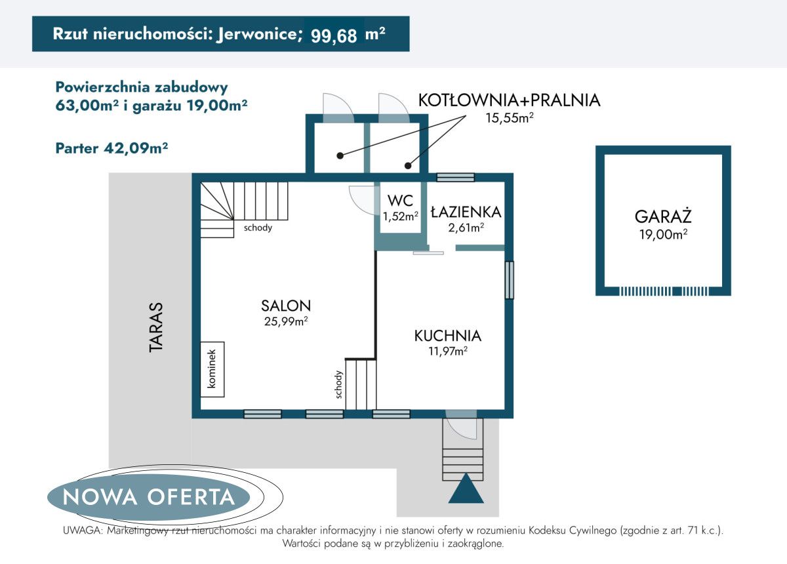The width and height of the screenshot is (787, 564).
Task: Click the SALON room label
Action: (285, 305)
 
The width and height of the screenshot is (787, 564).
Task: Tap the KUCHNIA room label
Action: (447, 336)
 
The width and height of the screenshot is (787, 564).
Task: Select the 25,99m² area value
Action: (285, 321)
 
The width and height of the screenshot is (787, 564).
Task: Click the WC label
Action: (400, 200)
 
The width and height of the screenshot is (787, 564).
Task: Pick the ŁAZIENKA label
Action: (466, 212)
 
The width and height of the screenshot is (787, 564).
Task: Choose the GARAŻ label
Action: (663, 217)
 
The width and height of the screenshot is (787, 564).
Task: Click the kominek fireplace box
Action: (212, 369)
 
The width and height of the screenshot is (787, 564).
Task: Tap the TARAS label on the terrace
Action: (155, 327)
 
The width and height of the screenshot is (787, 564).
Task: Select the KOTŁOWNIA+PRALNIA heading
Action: (509, 100)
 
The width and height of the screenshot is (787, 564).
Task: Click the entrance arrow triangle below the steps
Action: (466, 489)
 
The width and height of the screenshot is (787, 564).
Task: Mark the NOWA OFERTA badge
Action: (149, 496)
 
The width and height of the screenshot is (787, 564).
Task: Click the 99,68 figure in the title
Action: (334, 35)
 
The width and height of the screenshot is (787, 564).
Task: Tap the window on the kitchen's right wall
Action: (509, 280)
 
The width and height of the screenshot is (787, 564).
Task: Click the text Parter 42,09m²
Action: (111, 148)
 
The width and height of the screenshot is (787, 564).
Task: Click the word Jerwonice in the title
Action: (256, 35)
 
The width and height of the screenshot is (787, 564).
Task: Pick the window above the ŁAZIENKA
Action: (455, 177)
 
